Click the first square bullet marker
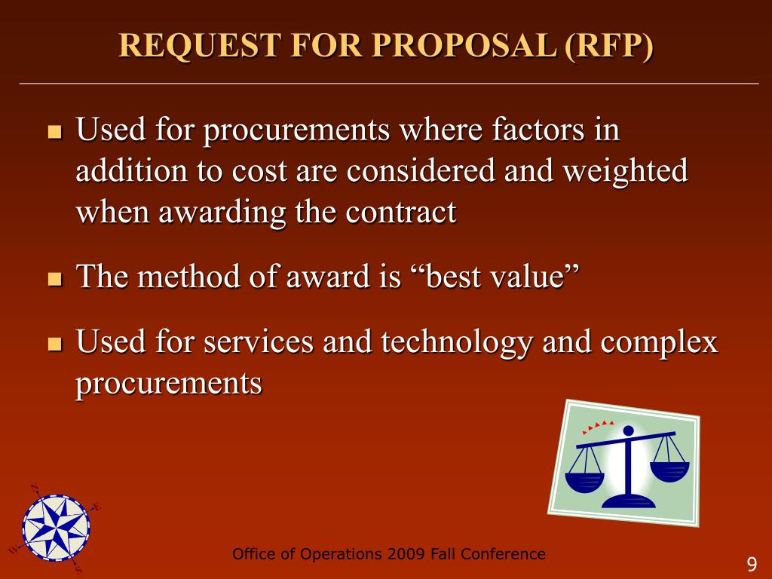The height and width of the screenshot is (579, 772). (54, 133)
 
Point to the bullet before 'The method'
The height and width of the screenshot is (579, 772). (54, 280)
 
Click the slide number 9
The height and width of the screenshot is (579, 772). (751, 565)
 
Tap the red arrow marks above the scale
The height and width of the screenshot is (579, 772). (599, 427)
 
